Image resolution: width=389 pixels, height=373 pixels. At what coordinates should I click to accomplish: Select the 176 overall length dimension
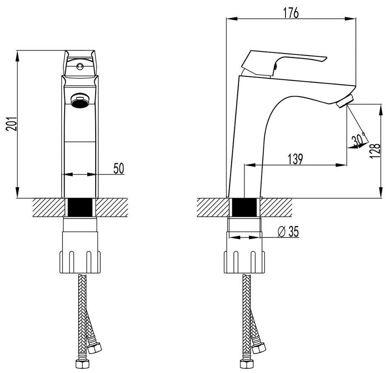tap(291, 13)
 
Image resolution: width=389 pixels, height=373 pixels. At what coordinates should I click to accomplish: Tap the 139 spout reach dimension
tap(294, 158)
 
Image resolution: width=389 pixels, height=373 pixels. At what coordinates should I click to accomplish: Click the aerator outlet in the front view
tap(80, 101)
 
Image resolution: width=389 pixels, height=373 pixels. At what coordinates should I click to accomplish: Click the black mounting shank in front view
tap(80, 207)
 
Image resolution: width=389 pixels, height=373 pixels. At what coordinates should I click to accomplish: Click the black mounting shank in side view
tap(245, 207)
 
